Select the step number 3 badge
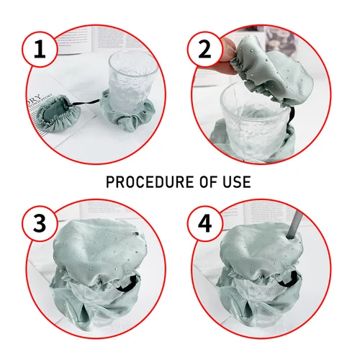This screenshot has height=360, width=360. pyautogui.click(x=40, y=224)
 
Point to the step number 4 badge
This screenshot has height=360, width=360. pyautogui.click(x=204, y=224)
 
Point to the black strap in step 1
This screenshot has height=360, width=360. pyautogui.click(x=85, y=103)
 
